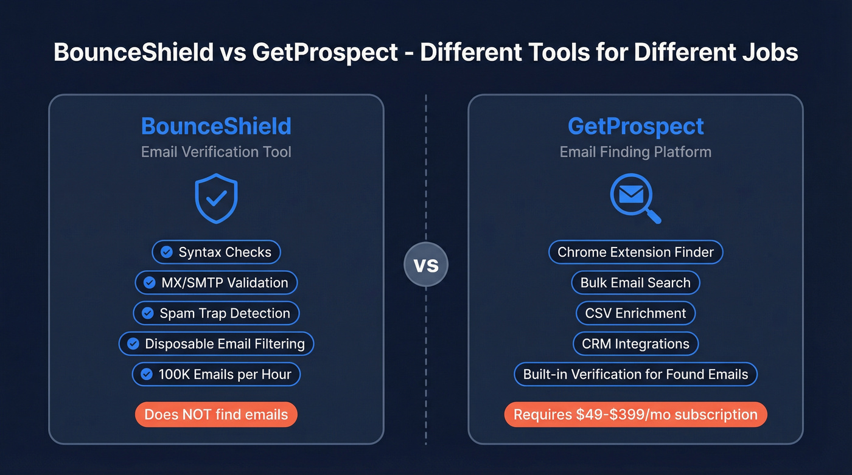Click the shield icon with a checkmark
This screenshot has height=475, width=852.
[x=216, y=198]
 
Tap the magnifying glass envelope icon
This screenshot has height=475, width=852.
[x=635, y=198]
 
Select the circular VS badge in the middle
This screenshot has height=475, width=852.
[x=426, y=265]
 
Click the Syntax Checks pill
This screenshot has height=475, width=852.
[x=216, y=252]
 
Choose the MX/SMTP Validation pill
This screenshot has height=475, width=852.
[x=216, y=283]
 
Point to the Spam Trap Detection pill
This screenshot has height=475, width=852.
[x=216, y=313]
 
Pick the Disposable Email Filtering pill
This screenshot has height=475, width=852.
[x=216, y=344]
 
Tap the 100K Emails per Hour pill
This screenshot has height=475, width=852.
[x=216, y=375]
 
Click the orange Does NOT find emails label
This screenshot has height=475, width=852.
[x=216, y=415]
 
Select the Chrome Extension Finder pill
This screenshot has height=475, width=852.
[x=635, y=252]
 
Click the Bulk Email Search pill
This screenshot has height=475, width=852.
[x=635, y=283]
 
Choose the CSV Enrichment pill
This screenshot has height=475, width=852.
[x=635, y=313]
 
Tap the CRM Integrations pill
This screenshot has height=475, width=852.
[x=635, y=344]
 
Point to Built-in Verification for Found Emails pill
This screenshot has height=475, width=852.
[x=635, y=375]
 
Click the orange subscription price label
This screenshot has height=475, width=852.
[x=635, y=415]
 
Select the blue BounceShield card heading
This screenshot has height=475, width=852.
[x=216, y=127]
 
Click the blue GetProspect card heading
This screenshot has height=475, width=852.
[x=635, y=127]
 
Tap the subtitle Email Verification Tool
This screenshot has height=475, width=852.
[x=216, y=152]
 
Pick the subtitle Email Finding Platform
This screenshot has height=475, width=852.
[x=635, y=152]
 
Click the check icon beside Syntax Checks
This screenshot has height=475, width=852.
[x=166, y=252]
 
